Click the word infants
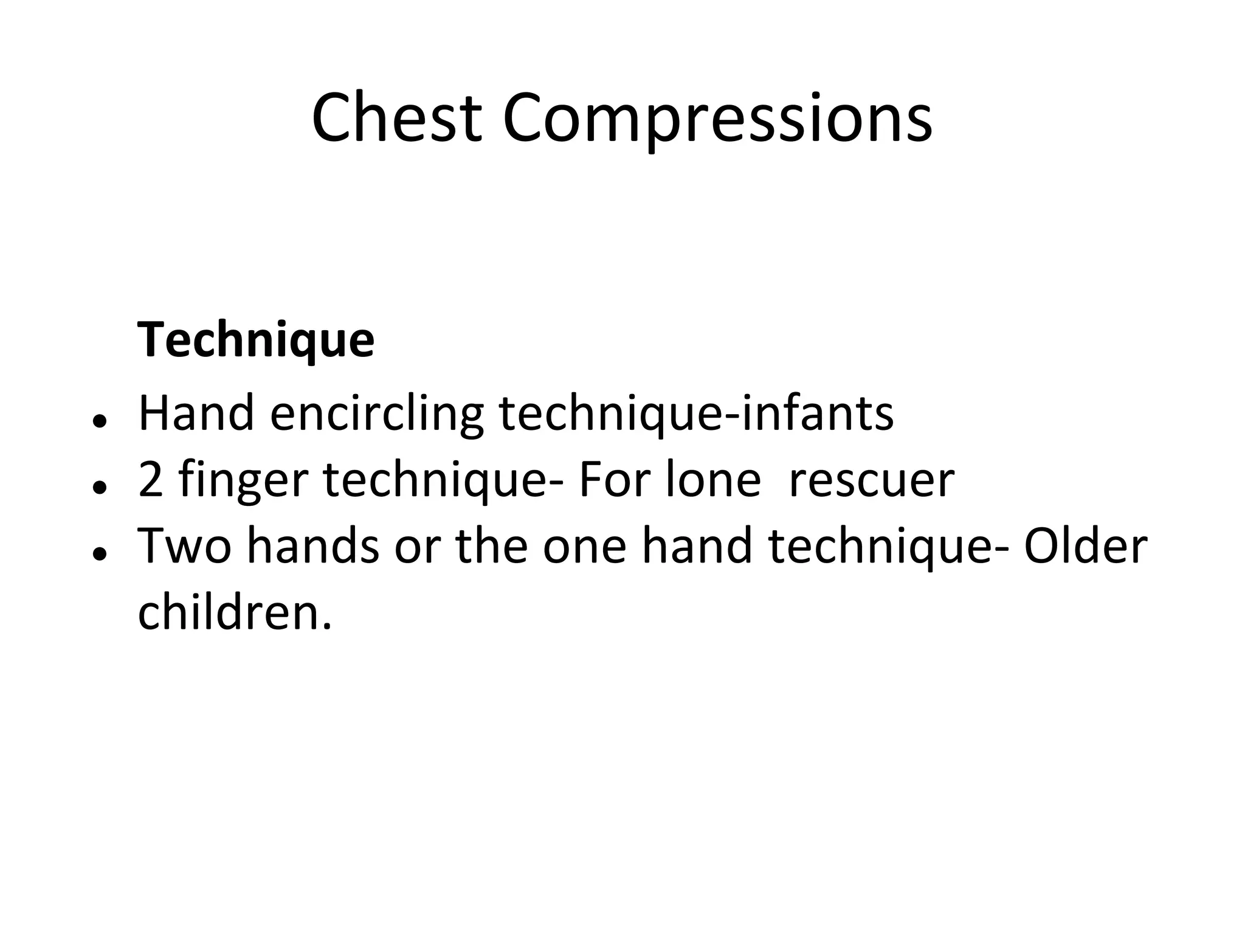tap(818, 413)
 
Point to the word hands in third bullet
tap(314, 546)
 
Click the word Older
tap(1085, 546)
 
